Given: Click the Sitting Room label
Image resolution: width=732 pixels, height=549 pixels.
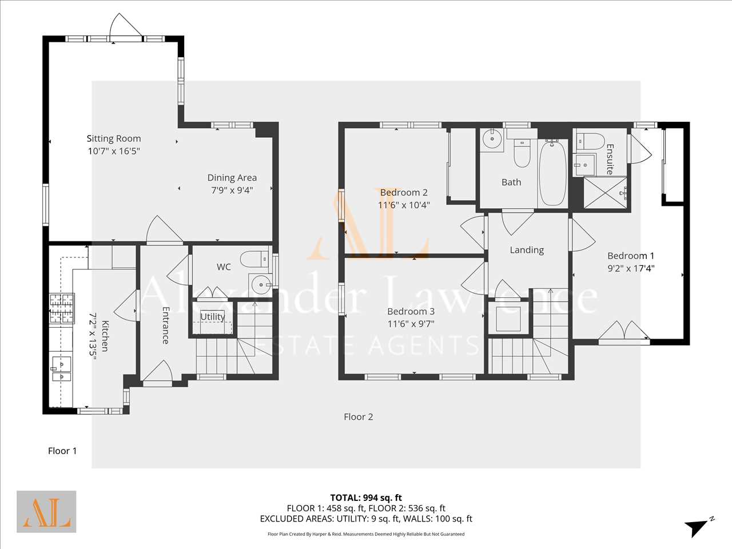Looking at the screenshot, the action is [x=114, y=138].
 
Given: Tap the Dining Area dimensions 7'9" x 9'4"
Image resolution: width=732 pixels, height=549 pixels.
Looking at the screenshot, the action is [x=232, y=190].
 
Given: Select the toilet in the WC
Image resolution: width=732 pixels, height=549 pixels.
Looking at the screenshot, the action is [x=254, y=259].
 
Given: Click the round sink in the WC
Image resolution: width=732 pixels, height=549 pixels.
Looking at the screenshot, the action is [x=261, y=285].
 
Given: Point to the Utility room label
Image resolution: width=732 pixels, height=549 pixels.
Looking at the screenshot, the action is [x=212, y=317].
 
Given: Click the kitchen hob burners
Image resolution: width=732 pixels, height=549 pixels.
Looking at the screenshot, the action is [x=62, y=308].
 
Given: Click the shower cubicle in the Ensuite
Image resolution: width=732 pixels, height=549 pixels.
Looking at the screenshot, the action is [x=606, y=193].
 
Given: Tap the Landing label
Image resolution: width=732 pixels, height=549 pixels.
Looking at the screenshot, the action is [x=527, y=250].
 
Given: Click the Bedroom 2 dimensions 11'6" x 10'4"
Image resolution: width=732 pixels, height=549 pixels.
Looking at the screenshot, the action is [x=404, y=205].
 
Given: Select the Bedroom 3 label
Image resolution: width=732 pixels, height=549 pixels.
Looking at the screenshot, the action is [x=411, y=311].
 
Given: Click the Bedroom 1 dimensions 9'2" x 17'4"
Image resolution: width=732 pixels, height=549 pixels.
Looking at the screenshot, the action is [x=631, y=268].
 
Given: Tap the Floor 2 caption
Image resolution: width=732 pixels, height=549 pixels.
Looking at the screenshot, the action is [x=359, y=417].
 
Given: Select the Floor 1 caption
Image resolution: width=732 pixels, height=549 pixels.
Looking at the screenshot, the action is [x=62, y=451].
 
